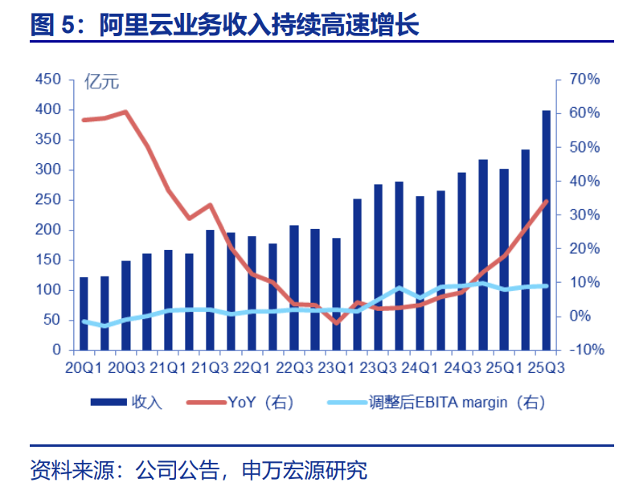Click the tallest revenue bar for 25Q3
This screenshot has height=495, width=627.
547,231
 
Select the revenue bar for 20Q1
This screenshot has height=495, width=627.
84,313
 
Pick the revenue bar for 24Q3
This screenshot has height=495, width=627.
462,261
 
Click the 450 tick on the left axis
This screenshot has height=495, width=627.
49,79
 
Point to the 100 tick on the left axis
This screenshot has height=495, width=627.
49,289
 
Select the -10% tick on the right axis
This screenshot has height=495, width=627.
584,350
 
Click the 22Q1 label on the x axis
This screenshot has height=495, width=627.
252,367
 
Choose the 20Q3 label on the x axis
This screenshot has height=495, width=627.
126,367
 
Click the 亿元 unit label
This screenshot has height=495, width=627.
102,81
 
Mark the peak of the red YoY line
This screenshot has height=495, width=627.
126,112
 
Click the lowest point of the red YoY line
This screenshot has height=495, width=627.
336,322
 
